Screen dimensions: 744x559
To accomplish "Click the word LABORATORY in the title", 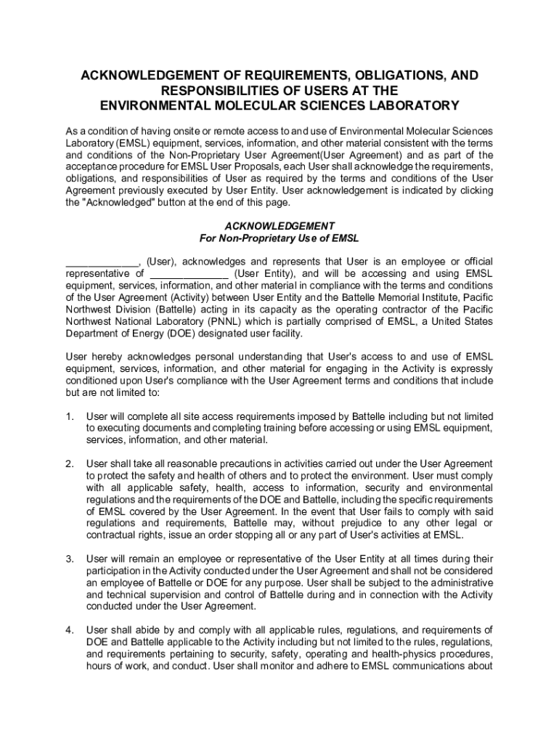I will tap(406, 105).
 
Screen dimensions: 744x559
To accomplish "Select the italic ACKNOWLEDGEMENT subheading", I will tap(279, 225).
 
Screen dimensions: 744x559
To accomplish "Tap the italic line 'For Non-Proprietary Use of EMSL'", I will tap(279, 238).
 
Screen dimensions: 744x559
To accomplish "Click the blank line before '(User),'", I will tap(102, 262).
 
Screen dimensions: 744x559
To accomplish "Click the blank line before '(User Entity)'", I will tap(189, 274).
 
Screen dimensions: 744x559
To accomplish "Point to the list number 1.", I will tap(70, 416).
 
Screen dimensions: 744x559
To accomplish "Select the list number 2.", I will tap(70, 464).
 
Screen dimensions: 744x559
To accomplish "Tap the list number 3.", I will tap(70, 559).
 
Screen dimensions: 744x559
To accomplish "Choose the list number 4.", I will tap(70, 629).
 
